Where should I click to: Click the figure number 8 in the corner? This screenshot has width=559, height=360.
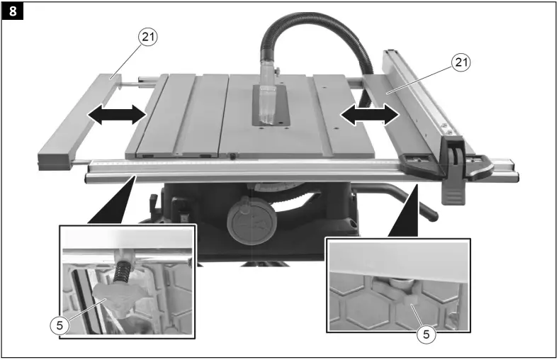click(x=12, y=12)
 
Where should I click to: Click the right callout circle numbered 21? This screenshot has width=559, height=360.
click(x=461, y=62)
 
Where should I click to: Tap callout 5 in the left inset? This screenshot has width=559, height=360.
click(x=60, y=325)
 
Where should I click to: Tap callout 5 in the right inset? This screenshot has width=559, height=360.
click(x=424, y=332)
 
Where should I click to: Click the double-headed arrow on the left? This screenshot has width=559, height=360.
click(x=118, y=116)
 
